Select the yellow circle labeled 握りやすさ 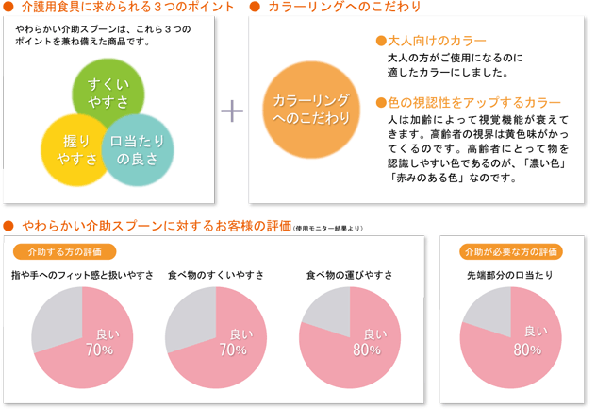[x=75, y=149]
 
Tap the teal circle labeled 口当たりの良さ [x=138, y=149]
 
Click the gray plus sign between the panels [x=231, y=111]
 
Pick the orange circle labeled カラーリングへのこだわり [x=310, y=109]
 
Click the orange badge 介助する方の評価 [x=65, y=251]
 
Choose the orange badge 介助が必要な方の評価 [x=510, y=251]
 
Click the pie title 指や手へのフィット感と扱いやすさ [x=82, y=275]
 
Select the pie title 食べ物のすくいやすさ [x=215, y=275]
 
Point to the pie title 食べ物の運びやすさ [x=349, y=275]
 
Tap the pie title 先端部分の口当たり [x=510, y=275]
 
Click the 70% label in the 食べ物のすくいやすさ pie [x=233, y=350]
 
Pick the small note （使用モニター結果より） [x=327, y=228]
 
